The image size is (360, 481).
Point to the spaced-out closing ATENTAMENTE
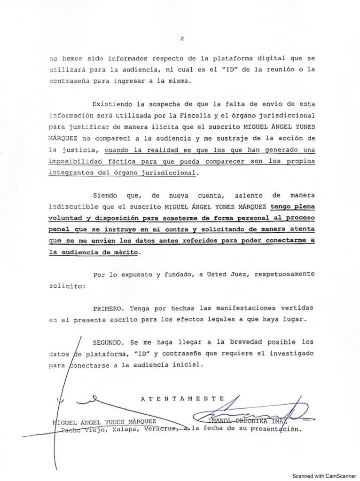coord(183,398)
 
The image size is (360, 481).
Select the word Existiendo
coord(112,103)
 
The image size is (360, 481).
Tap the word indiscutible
coord(76,206)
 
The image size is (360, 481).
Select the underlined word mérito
coord(127,252)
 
